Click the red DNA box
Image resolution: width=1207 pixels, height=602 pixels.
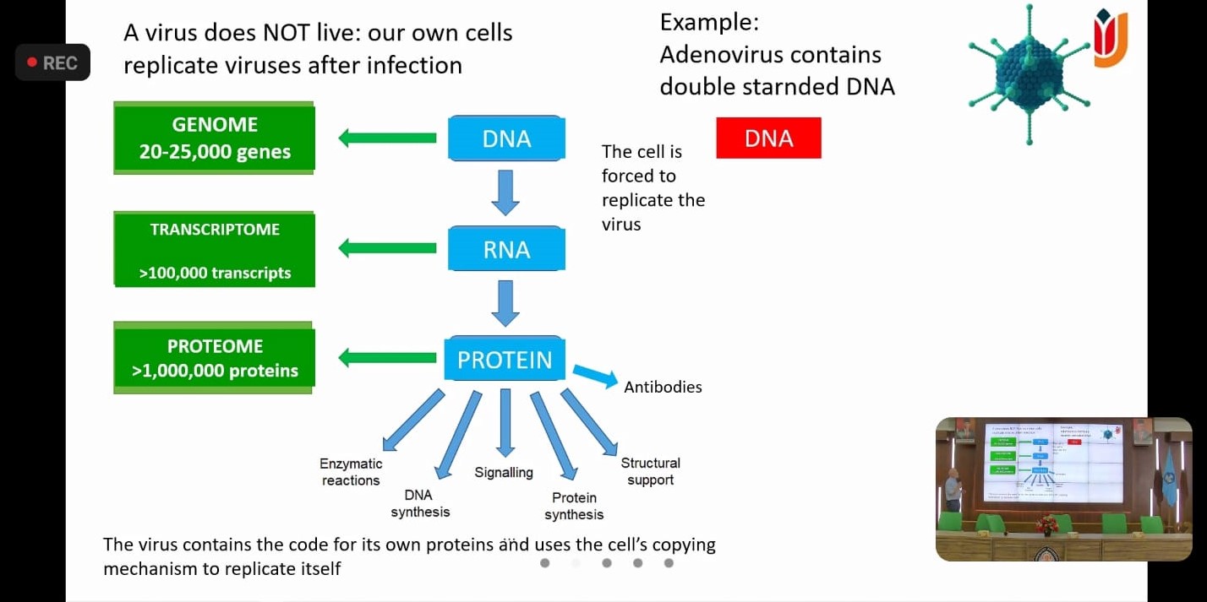coord(768,138)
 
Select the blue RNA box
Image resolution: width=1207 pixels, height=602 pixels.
coord(506,249)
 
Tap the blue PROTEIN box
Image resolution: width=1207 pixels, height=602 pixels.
coord(505,360)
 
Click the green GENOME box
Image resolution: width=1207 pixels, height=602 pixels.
coord(214,138)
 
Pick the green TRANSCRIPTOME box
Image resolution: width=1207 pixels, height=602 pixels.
coord(215,250)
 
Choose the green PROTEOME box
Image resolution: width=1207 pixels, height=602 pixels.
coord(214,359)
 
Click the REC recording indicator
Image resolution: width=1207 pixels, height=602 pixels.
coord(52,62)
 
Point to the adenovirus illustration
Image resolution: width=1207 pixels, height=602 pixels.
coord(1029,74)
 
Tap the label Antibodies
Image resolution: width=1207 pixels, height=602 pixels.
coord(663,388)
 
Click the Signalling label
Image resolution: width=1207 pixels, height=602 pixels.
coord(504,472)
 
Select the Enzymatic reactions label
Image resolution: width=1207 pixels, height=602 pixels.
coord(351,472)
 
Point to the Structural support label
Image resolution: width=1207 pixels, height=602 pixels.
coord(650,471)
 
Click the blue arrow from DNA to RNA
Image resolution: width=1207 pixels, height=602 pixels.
coord(505,192)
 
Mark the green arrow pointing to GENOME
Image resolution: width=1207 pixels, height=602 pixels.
coord(387,138)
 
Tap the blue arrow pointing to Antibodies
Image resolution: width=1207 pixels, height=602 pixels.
coord(595,376)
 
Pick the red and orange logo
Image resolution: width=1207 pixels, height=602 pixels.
coord(1110,39)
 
